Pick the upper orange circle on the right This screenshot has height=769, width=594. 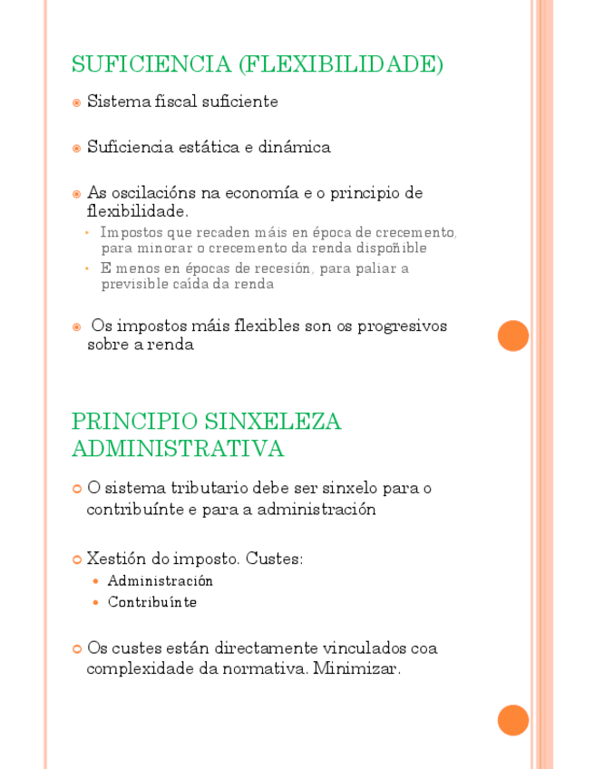513,336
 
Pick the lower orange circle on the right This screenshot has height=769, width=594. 513,720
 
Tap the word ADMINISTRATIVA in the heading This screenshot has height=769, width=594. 178,449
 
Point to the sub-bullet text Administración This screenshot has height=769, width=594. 161,580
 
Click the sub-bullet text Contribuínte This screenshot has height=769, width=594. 152,602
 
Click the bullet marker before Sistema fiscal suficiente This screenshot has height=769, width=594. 77,102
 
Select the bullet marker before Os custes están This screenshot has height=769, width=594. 77,648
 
